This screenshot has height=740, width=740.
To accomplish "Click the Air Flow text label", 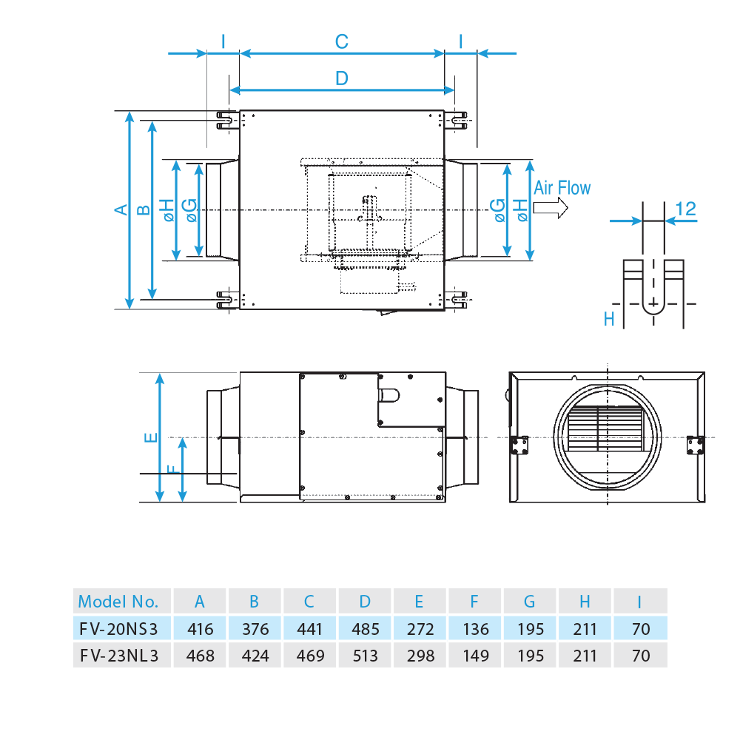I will [562, 188].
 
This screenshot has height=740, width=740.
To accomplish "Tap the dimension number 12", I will [686, 209].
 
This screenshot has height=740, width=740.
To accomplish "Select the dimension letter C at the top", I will [341, 42].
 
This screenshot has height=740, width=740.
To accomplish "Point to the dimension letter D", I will [341, 78].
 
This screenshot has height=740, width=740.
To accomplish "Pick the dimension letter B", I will [145, 209].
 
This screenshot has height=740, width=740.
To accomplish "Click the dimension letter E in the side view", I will [151, 437].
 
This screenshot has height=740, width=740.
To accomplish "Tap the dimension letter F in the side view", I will [172, 469].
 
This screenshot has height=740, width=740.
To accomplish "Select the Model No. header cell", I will [118, 601].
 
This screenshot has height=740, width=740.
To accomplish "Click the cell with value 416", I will [200, 629].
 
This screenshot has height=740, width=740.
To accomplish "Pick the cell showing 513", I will [366, 656].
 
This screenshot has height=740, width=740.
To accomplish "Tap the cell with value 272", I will [420, 629].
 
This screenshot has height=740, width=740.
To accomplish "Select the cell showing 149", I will [475, 656].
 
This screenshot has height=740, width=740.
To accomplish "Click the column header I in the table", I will [640, 601].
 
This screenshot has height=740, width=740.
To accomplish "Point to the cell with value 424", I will [255, 656].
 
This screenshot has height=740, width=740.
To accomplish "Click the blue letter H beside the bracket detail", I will [609, 319].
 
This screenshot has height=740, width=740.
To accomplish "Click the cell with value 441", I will [309, 629].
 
